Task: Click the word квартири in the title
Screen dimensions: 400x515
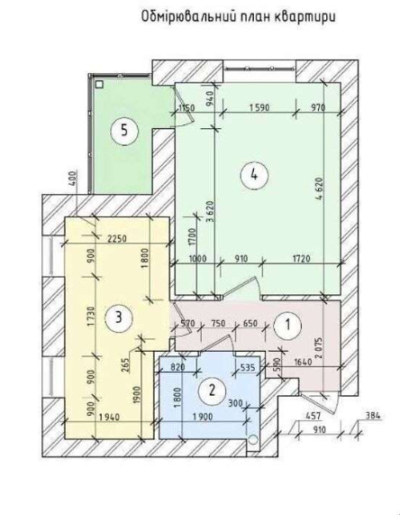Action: (x=305, y=16)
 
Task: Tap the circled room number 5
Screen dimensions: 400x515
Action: (x=124, y=131)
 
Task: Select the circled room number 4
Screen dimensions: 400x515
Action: (x=254, y=175)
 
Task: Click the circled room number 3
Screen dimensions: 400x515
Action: (x=119, y=317)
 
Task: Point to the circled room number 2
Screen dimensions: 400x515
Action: (x=213, y=391)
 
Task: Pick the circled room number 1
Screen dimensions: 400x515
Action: (x=287, y=325)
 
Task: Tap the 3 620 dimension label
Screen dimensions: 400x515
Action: (x=210, y=212)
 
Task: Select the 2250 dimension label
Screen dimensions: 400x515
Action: (x=117, y=238)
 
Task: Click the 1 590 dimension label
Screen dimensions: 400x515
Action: (x=259, y=107)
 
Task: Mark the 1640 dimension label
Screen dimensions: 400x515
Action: (x=303, y=362)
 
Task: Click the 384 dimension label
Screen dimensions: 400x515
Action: (x=373, y=416)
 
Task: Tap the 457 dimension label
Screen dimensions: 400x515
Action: (x=313, y=416)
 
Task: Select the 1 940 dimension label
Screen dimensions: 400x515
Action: (x=109, y=417)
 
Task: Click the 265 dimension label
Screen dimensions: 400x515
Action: (x=127, y=364)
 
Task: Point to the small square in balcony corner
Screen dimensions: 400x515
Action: (x=99, y=85)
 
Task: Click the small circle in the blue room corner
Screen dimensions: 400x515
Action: (x=253, y=439)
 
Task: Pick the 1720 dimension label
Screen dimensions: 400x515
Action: (x=301, y=259)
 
